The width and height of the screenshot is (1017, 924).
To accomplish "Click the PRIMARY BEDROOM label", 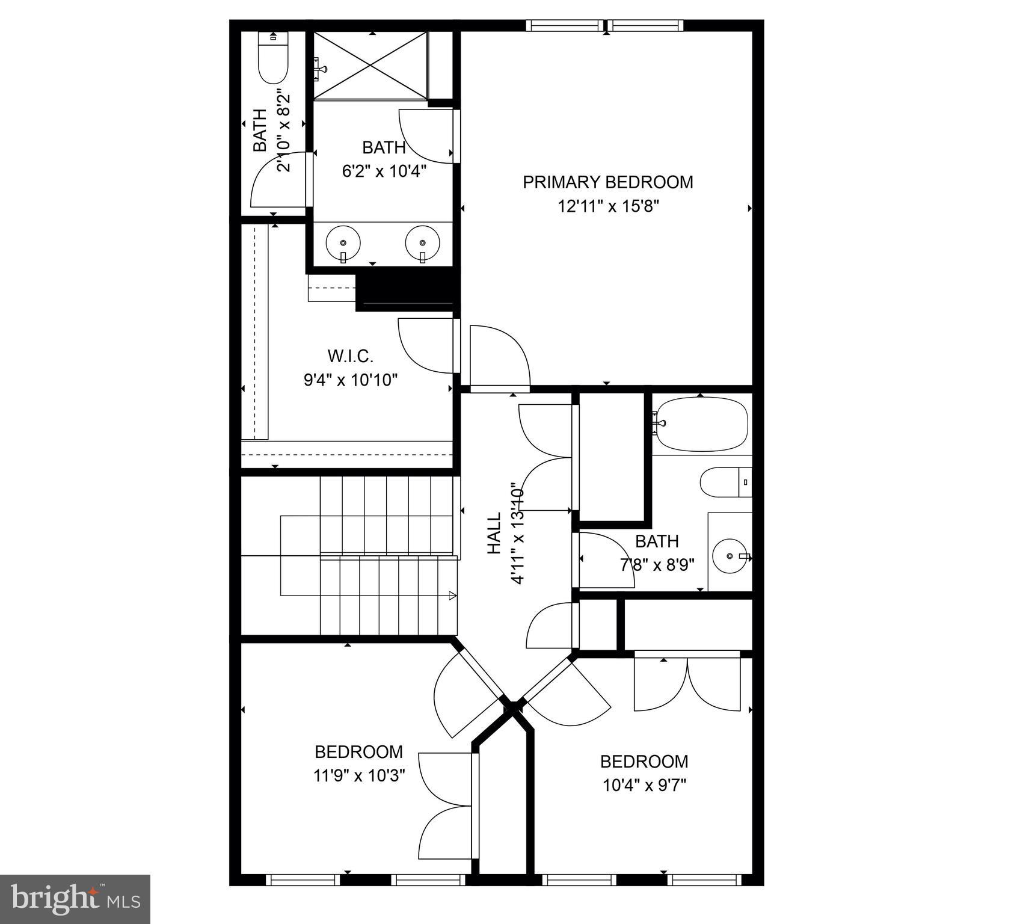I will [x=607, y=182].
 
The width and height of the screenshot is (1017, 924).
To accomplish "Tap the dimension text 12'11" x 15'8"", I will [x=608, y=206].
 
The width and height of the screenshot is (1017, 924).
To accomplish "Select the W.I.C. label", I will [x=351, y=356].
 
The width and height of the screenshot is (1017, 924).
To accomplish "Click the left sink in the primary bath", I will [x=343, y=243].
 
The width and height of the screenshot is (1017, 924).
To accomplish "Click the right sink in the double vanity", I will [x=423, y=243].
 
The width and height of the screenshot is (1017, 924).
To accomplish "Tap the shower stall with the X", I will [x=370, y=65].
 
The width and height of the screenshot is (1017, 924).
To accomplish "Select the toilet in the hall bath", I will [x=725, y=482].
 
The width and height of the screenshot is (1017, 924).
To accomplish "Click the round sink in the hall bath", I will [x=730, y=556].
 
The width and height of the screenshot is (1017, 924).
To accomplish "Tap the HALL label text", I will [x=494, y=533].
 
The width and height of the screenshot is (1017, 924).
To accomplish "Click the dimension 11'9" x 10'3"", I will [x=358, y=775].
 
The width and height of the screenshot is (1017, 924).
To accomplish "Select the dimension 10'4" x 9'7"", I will [x=644, y=785].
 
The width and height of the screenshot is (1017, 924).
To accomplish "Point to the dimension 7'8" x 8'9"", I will [x=657, y=565].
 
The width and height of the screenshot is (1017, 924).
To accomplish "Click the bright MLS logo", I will [x=75, y=899].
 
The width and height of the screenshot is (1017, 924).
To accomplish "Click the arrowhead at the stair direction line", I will [x=453, y=596].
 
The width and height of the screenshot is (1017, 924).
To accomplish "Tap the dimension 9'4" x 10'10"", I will [x=351, y=380].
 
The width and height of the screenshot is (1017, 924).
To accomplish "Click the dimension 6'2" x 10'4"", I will [x=384, y=171].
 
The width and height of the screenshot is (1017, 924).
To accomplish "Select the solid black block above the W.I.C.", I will [x=405, y=289].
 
